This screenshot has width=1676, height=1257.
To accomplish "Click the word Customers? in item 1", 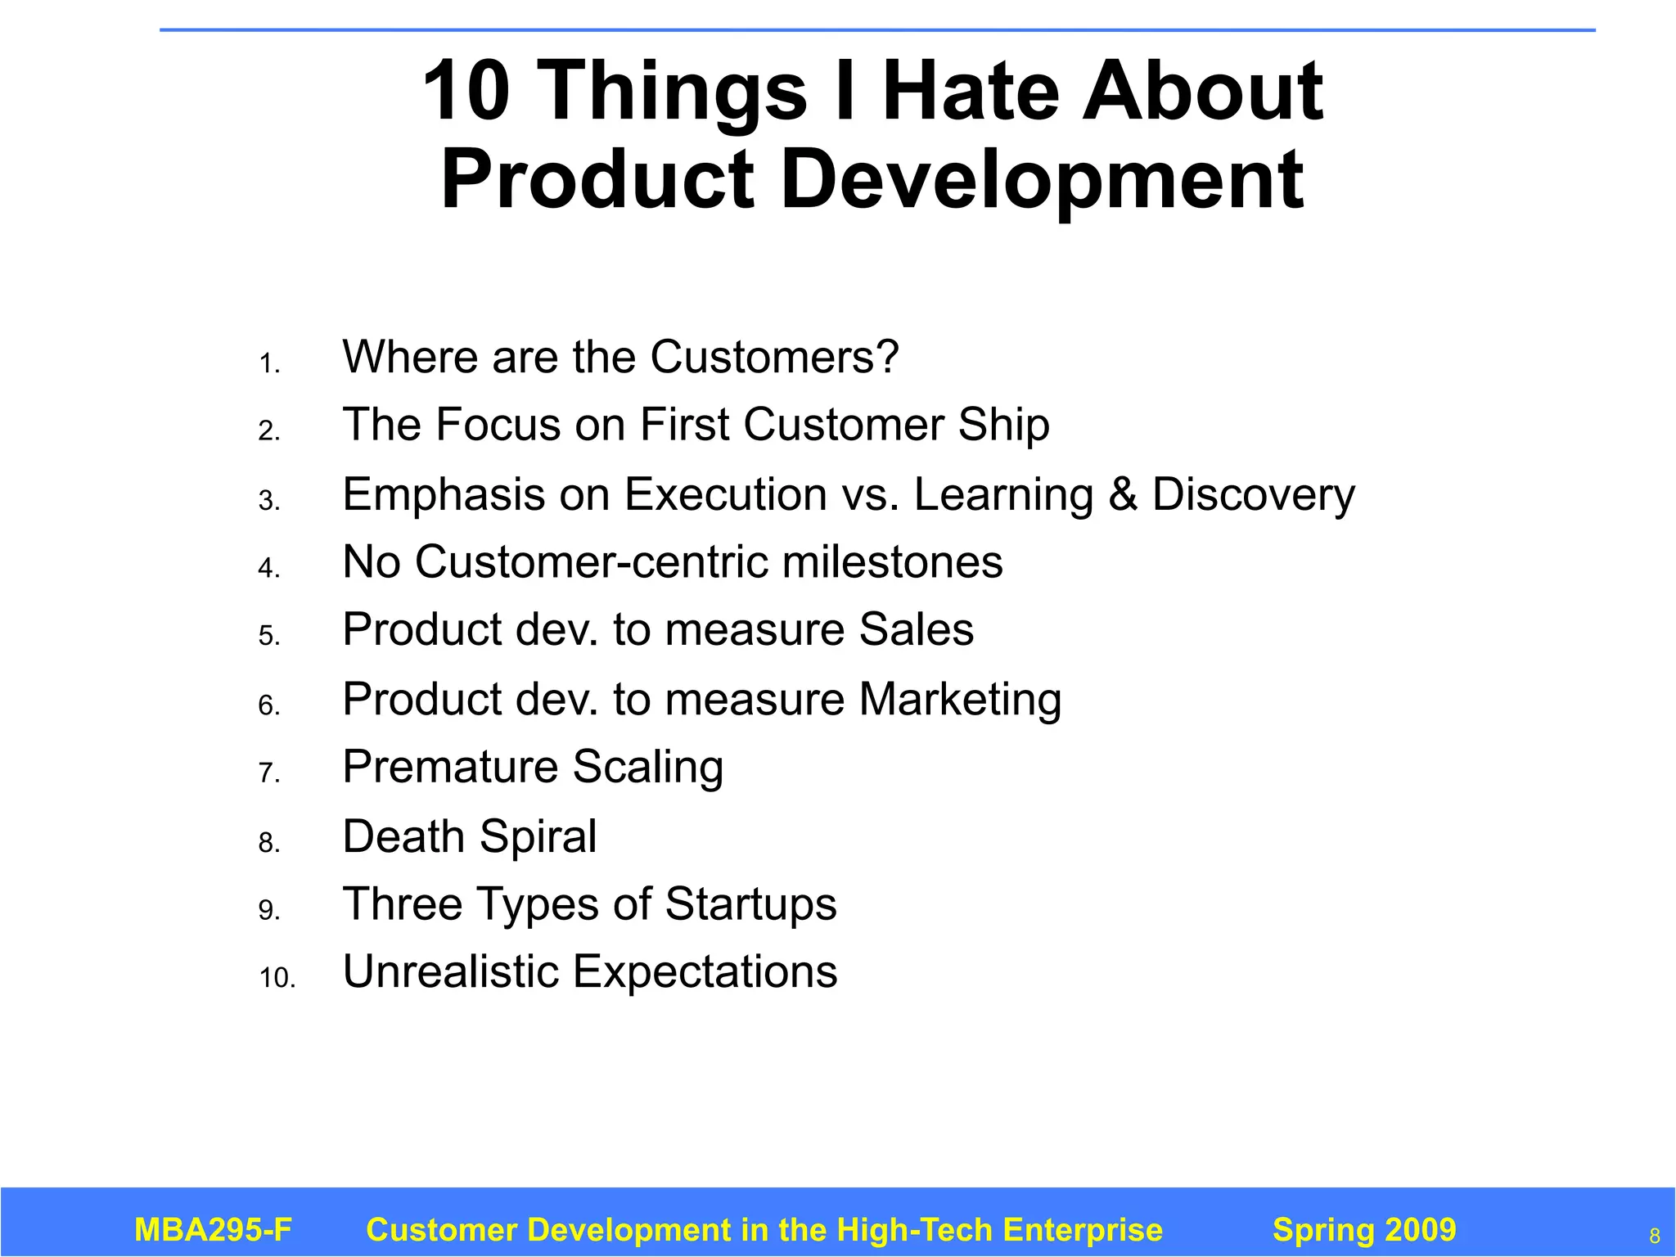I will pos(774,357).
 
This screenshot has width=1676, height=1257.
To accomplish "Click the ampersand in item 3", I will pos(1122,494).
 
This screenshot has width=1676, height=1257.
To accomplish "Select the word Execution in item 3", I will pos(726,494).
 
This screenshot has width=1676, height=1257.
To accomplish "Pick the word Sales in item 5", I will pos(916,629).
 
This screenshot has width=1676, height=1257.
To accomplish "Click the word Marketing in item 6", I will pos(960,700).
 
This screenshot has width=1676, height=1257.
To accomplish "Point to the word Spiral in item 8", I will pos(538,836).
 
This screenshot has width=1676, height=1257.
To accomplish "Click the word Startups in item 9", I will pos(750,904).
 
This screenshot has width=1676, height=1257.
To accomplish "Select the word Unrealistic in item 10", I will pos(449,972).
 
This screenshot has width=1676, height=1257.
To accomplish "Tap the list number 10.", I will pos(277,977).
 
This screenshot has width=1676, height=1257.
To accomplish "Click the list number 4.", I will pos(269,568).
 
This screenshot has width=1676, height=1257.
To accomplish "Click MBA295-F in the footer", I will pos(213,1230).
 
